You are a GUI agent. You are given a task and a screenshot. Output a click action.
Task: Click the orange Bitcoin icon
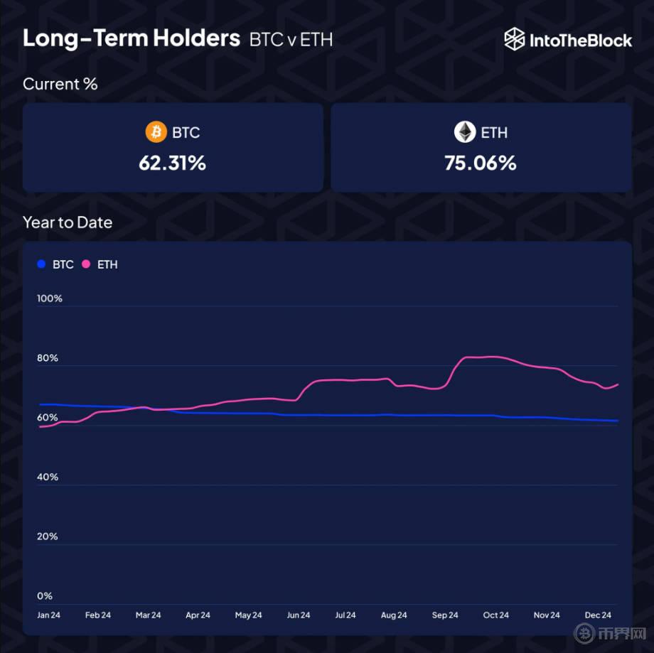coord(156,132)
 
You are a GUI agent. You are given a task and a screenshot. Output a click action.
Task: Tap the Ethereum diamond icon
coord(464,132)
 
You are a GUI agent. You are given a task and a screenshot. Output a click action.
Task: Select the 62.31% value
coord(172,163)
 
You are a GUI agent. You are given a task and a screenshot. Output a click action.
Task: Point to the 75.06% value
coord(481,163)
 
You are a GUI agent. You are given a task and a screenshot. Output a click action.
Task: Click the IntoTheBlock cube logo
coord(514,40)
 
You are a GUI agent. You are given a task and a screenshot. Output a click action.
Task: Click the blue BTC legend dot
coord(41,264)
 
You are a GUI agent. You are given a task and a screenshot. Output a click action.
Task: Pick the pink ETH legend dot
coord(86,264)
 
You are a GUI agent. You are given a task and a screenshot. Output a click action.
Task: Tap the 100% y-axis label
coord(50,298)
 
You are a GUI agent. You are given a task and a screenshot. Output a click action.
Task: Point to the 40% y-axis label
coord(48,477)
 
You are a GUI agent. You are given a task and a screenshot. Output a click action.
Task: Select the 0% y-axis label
coord(45,596)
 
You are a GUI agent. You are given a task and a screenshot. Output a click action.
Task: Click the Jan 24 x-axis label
coord(48,615)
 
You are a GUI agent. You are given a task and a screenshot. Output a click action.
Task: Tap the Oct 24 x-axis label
coord(495,615)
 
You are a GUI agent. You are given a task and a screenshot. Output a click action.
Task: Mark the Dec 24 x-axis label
coord(598,615)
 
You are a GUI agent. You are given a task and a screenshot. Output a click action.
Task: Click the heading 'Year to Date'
coord(68,222)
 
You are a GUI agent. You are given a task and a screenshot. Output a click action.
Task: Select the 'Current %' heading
coord(60,84)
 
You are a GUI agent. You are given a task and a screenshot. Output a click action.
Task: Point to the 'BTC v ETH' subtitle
coord(291,40)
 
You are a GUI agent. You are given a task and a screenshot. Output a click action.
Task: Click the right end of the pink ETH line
coord(617,384)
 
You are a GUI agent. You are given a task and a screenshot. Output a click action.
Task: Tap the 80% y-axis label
coord(48,358)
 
